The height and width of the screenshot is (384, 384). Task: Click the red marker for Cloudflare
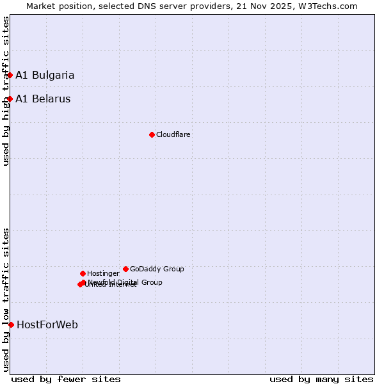click(152, 134)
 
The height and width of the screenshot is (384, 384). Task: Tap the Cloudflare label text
click(173, 134)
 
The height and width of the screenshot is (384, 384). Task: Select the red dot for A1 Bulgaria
click(10, 75)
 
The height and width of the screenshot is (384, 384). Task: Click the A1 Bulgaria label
click(45, 75)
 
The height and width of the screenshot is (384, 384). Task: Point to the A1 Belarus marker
click(10, 99)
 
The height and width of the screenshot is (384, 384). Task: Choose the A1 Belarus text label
click(43, 99)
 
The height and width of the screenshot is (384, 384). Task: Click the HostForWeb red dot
click(11, 324)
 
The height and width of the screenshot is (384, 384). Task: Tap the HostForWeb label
click(47, 324)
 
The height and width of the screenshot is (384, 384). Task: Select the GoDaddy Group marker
click(125, 269)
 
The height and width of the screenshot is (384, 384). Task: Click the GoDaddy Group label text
click(157, 269)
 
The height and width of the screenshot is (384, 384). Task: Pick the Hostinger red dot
click(83, 273)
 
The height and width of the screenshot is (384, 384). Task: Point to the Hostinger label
click(103, 273)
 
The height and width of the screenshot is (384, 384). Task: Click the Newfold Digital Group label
click(125, 282)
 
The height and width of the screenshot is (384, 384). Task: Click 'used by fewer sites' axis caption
click(66, 379)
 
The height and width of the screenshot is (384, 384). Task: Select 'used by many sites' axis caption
click(321, 379)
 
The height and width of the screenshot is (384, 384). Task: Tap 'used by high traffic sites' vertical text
click(6, 91)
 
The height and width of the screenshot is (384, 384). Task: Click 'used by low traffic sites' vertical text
click(6, 299)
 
